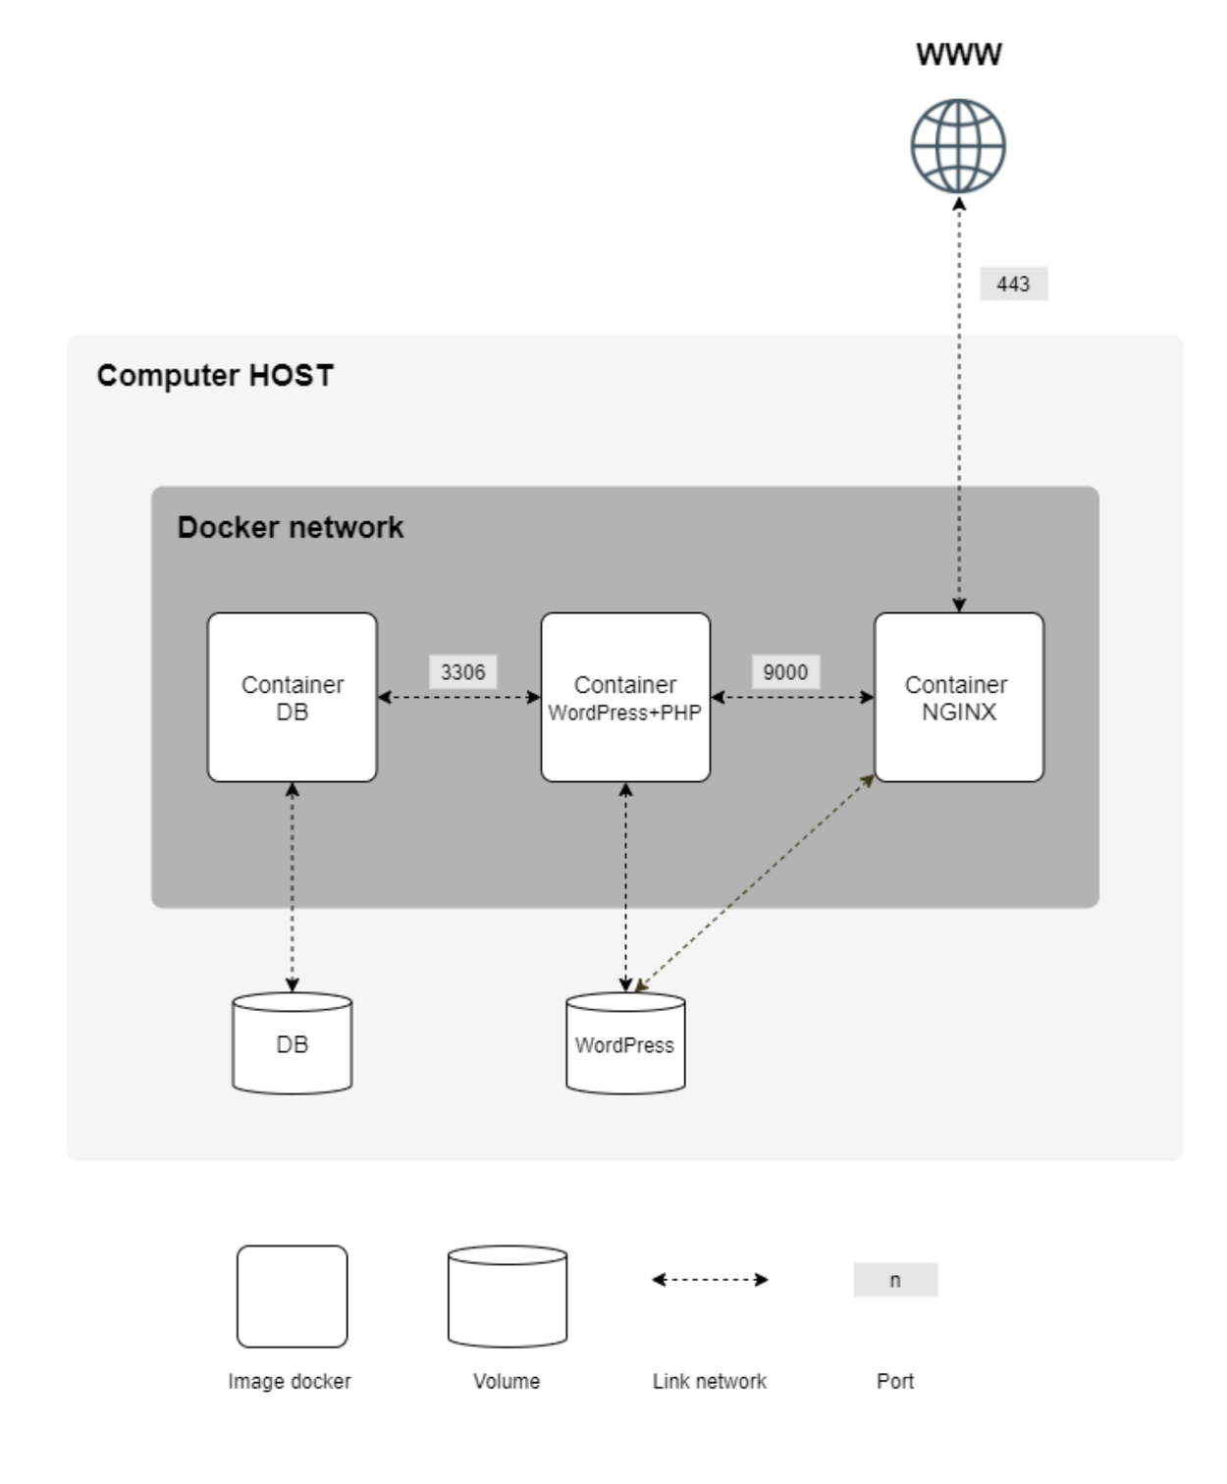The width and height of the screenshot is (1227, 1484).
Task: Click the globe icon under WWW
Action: click(x=957, y=146)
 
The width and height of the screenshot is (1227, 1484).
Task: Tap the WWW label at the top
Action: click(x=958, y=54)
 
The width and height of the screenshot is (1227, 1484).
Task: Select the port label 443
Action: click(x=1013, y=285)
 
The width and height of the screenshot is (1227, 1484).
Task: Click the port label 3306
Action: click(x=462, y=672)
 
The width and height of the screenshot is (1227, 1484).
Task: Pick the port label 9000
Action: click(x=785, y=672)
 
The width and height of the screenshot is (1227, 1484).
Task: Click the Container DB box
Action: click(x=293, y=698)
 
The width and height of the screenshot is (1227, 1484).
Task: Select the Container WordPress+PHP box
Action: click(x=625, y=698)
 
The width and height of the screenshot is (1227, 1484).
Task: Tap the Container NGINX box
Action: click(x=958, y=698)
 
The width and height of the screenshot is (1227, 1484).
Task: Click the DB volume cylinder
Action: click(x=293, y=1043)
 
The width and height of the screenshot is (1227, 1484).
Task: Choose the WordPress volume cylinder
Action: click(x=625, y=1044)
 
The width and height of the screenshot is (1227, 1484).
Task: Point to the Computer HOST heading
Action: click(x=215, y=376)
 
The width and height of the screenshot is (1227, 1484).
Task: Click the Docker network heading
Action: click(x=290, y=528)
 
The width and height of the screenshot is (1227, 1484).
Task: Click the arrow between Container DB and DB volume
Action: click(x=293, y=887)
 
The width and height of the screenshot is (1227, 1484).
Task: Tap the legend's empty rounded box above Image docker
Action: click(x=293, y=1297)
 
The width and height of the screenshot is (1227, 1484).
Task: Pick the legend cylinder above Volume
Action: click(x=507, y=1297)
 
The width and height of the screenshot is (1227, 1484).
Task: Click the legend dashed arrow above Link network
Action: click(x=710, y=1280)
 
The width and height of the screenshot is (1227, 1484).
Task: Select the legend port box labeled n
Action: click(x=895, y=1280)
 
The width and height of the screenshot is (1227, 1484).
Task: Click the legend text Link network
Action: click(x=710, y=1382)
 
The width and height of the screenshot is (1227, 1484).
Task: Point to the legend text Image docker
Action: click(x=290, y=1382)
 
